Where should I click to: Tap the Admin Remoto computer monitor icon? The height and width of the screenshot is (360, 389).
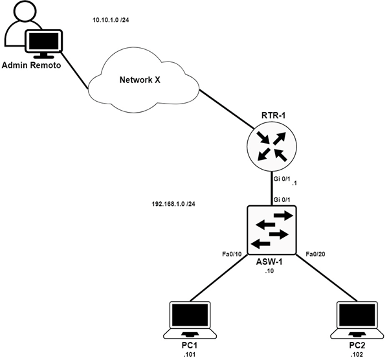click(x=44, y=42)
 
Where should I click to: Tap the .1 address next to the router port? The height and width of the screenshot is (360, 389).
click(x=295, y=184)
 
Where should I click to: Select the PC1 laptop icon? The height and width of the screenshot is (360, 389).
click(x=190, y=319)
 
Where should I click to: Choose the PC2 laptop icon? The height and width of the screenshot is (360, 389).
click(x=357, y=319)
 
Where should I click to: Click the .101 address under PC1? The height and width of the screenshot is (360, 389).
click(x=190, y=354)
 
